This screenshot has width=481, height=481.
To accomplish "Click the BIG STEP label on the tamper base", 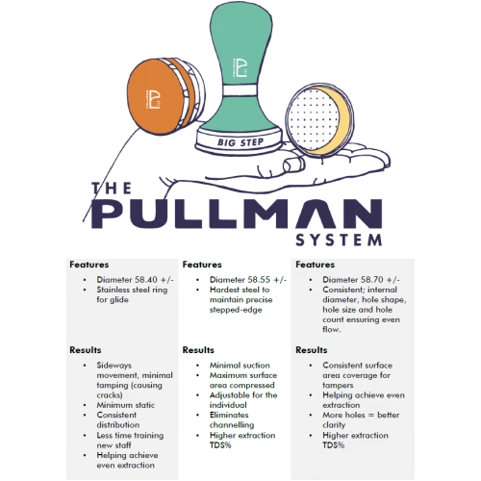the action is tap(240, 142).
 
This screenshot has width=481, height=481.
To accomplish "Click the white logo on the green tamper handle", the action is tap(239, 67).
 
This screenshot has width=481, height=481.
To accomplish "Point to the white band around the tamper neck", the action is tap(240, 90).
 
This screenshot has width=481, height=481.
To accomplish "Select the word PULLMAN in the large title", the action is tap(237, 214).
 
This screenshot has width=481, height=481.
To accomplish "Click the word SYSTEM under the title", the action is tap(339, 240).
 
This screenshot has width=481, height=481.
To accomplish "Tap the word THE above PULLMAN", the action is tap(112, 189).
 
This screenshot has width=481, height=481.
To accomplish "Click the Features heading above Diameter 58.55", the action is tap(202, 265).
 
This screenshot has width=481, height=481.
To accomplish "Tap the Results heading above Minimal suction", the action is tap(198, 350).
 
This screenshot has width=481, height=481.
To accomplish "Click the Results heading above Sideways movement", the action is tap(86, 350).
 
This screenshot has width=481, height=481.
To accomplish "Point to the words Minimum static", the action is tap(126, 405).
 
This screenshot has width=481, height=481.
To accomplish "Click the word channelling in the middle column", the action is tap(232, 425).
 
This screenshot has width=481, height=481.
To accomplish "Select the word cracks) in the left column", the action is tap(110, 395).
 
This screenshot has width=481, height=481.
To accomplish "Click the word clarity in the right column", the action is tap(334, 425).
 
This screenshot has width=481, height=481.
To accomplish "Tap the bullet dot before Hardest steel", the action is tap(198, 290).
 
